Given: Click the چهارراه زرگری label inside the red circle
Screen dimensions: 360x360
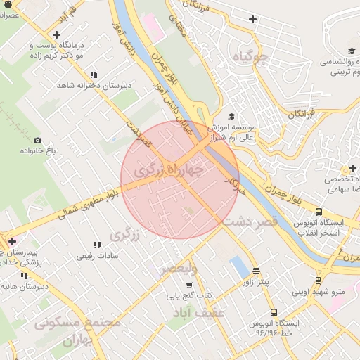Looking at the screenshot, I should click(169, 169).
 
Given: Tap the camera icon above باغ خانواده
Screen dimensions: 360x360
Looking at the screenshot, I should click(37, 140).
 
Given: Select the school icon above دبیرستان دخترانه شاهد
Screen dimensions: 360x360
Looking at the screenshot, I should click(94, 75).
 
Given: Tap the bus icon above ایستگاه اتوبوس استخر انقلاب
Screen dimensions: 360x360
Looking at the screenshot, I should click(319, 212).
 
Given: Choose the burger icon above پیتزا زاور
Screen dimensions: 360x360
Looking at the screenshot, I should click(256, 271).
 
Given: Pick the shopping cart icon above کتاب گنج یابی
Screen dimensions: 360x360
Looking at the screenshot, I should click(188, 285).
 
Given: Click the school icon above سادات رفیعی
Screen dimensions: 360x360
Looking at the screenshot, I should click(96, 245).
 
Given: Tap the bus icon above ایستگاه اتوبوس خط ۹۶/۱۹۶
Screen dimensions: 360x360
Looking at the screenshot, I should click(273, 312).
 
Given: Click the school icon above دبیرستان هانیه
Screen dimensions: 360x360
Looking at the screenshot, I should click(6, 276).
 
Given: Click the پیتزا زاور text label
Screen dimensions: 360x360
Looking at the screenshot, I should click(259, 283).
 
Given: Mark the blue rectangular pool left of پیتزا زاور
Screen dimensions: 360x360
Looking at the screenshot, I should click(239, 267).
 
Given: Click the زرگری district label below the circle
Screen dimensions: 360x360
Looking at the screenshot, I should click(126, 235).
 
